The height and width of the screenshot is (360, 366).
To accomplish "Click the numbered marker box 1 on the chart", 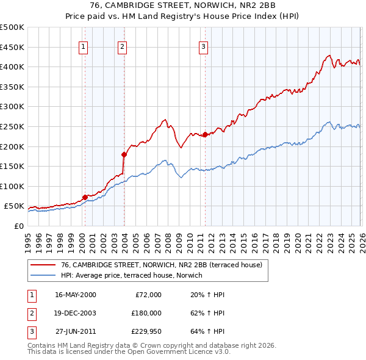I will pyautogui.click(x=83, y=45).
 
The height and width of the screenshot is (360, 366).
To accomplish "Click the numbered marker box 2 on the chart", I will pyautogui.click(x=122, y=45).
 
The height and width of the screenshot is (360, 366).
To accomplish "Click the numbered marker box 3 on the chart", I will pyautogui.click(x=203, y=45).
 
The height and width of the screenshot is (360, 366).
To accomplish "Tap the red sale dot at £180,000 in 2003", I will pyautogui.click(x=124, y=154).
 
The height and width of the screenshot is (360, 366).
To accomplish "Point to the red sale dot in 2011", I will pyautogui.click(x=205, y=135).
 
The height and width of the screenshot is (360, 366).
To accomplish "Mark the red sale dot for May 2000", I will pyautogui.click(x=85, y=197).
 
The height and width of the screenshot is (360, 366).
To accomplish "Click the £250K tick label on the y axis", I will pyautogui.click(x=12, y=126).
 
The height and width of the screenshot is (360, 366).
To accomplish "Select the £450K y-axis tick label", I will pyautogui.click(x=12, y=47).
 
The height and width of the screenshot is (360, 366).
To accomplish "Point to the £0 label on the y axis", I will pyautogui.click(x=18, y=226).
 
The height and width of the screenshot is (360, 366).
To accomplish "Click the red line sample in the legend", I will pyautogui.click(x=43, y=265).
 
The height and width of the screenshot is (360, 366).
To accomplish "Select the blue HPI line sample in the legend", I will pyautogui.click(x=43, y=275).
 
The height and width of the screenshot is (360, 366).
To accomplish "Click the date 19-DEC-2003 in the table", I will pyautogui.click(x=75, y=312).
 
